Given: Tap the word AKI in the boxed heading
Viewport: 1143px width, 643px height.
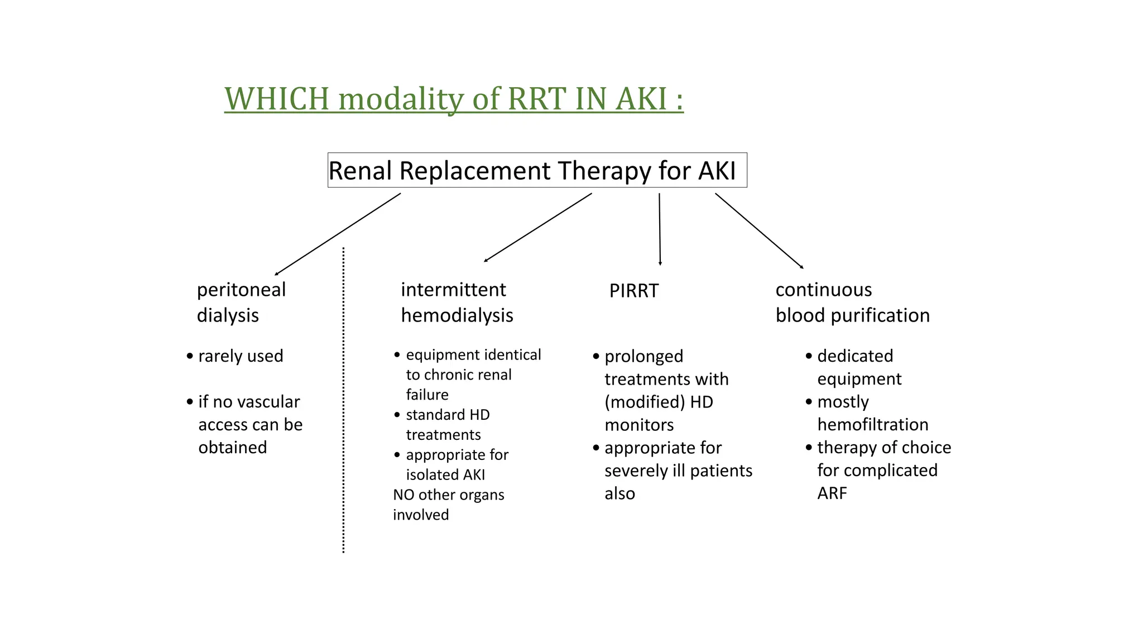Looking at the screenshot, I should (717, 171).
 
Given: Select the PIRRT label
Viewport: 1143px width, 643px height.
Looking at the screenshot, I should (633, 291).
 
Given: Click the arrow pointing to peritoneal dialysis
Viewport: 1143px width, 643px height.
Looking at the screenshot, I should (338, 234).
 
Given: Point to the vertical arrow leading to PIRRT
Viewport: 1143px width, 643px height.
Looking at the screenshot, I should (660, 229).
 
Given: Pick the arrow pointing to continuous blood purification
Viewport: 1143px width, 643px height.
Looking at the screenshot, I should (759, 231).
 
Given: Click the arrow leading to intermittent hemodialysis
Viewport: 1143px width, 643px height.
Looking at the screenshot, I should (537, 228).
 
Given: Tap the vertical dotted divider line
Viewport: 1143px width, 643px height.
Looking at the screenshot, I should (343, 399).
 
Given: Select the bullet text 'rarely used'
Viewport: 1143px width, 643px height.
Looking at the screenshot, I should (241, 356).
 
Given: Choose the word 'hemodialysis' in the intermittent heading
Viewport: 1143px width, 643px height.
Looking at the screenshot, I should (457, 315).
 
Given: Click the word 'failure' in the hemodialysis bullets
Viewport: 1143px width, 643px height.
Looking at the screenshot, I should (427, 395).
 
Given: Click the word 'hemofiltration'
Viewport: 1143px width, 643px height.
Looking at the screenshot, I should (872, 425).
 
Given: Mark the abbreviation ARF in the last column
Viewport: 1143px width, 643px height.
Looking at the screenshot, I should (832, 493).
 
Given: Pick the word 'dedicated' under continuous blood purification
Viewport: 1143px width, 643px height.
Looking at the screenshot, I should (855, 356).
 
